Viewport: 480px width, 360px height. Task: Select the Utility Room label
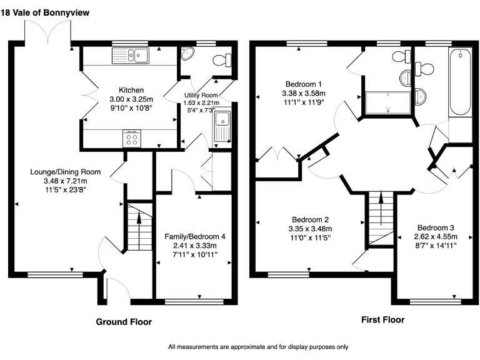(x=199, y=95)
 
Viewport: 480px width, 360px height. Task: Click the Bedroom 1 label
(x=303, y=84)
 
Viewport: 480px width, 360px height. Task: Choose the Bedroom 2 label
(x=310, y=219)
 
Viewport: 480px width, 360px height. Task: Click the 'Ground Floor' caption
(x=123, y=322)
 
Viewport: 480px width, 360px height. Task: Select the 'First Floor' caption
(x=382, y=319)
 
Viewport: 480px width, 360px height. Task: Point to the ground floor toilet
(x=221, y=60)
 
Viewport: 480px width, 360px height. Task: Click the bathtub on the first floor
(x=461, y=82)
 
